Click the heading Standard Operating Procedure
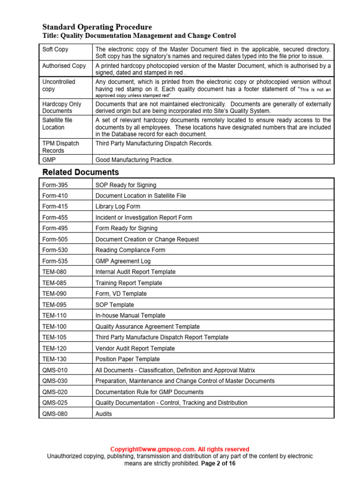click(x=97, y=27)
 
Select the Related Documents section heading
click(x=81, y=172)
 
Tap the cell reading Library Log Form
click(x=118, y=206)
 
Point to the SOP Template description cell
click(x=115, y=305)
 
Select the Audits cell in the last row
click(x=104, y=414)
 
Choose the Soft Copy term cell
click(x=55, y=49)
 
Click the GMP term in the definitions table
click(x=49, y=160)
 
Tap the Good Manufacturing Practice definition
click(x=134, y=160)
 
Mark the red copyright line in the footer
click(x=180, y=449)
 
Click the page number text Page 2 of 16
click(x=218, y=463)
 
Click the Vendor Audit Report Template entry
click(x=135, y=348)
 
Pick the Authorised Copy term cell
click(x=64, y=66)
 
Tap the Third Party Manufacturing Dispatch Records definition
click(x=154, y=143)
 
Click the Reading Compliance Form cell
click(x=130, y=250)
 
